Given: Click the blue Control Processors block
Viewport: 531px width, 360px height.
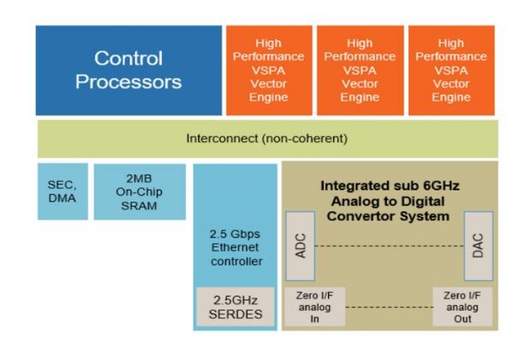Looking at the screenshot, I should [128, 70].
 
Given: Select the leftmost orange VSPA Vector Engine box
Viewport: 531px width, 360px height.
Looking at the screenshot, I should [268, 70].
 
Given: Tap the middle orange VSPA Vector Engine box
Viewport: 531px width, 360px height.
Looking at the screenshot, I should [360, 70].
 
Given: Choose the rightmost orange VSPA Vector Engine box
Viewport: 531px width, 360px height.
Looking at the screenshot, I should [451, 70].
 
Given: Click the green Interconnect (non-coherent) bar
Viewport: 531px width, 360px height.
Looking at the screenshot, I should [266, 138].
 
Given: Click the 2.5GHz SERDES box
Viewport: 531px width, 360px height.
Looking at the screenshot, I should [234, 307].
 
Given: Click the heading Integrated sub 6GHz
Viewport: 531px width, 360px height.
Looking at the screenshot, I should [389, 185].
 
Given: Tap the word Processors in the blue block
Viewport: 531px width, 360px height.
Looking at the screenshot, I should [128, 83].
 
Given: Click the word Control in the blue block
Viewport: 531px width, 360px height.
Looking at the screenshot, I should [128, 58].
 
